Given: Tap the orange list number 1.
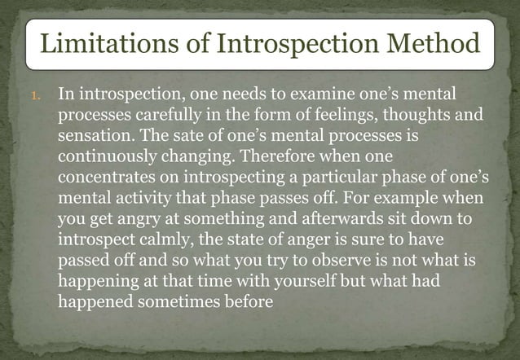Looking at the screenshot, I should click(34, 97).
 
